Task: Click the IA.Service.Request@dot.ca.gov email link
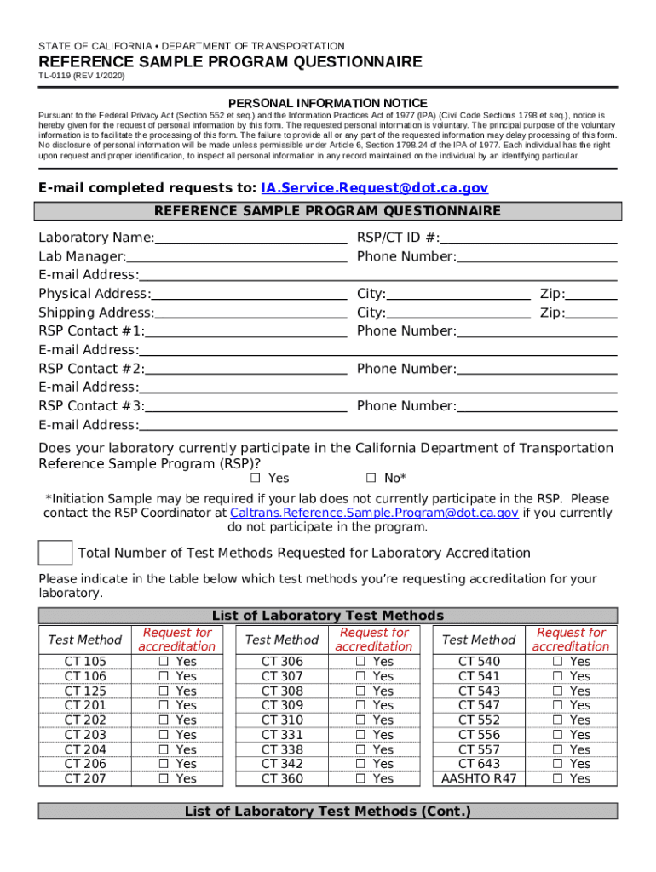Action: click(x=375, y=187)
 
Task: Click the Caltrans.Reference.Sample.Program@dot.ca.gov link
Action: click(x=374, y=513)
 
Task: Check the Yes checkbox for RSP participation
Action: click(x=255, y=478)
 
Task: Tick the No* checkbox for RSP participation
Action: click(x=371, y=478)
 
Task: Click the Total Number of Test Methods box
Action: click(x=55, y=553)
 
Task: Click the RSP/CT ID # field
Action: click(x=528, y=238)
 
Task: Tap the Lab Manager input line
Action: click(x=237, y=256)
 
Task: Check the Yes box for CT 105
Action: click(x=164, y=662)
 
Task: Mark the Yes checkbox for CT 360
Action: click(x=360, y=778)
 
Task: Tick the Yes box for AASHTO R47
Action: click(x=557, y=778)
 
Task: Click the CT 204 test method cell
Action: click(x=85, y=749)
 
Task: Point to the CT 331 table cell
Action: click(x=282, y=734)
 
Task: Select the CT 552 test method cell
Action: click(x=479, y=720)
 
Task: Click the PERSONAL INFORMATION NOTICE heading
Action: click(x=328, y=103)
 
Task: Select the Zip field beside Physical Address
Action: click(x=591, y=294)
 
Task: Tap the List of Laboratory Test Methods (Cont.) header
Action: click(x=328, y=812)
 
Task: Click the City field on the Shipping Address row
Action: click(x=457, y=313)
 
